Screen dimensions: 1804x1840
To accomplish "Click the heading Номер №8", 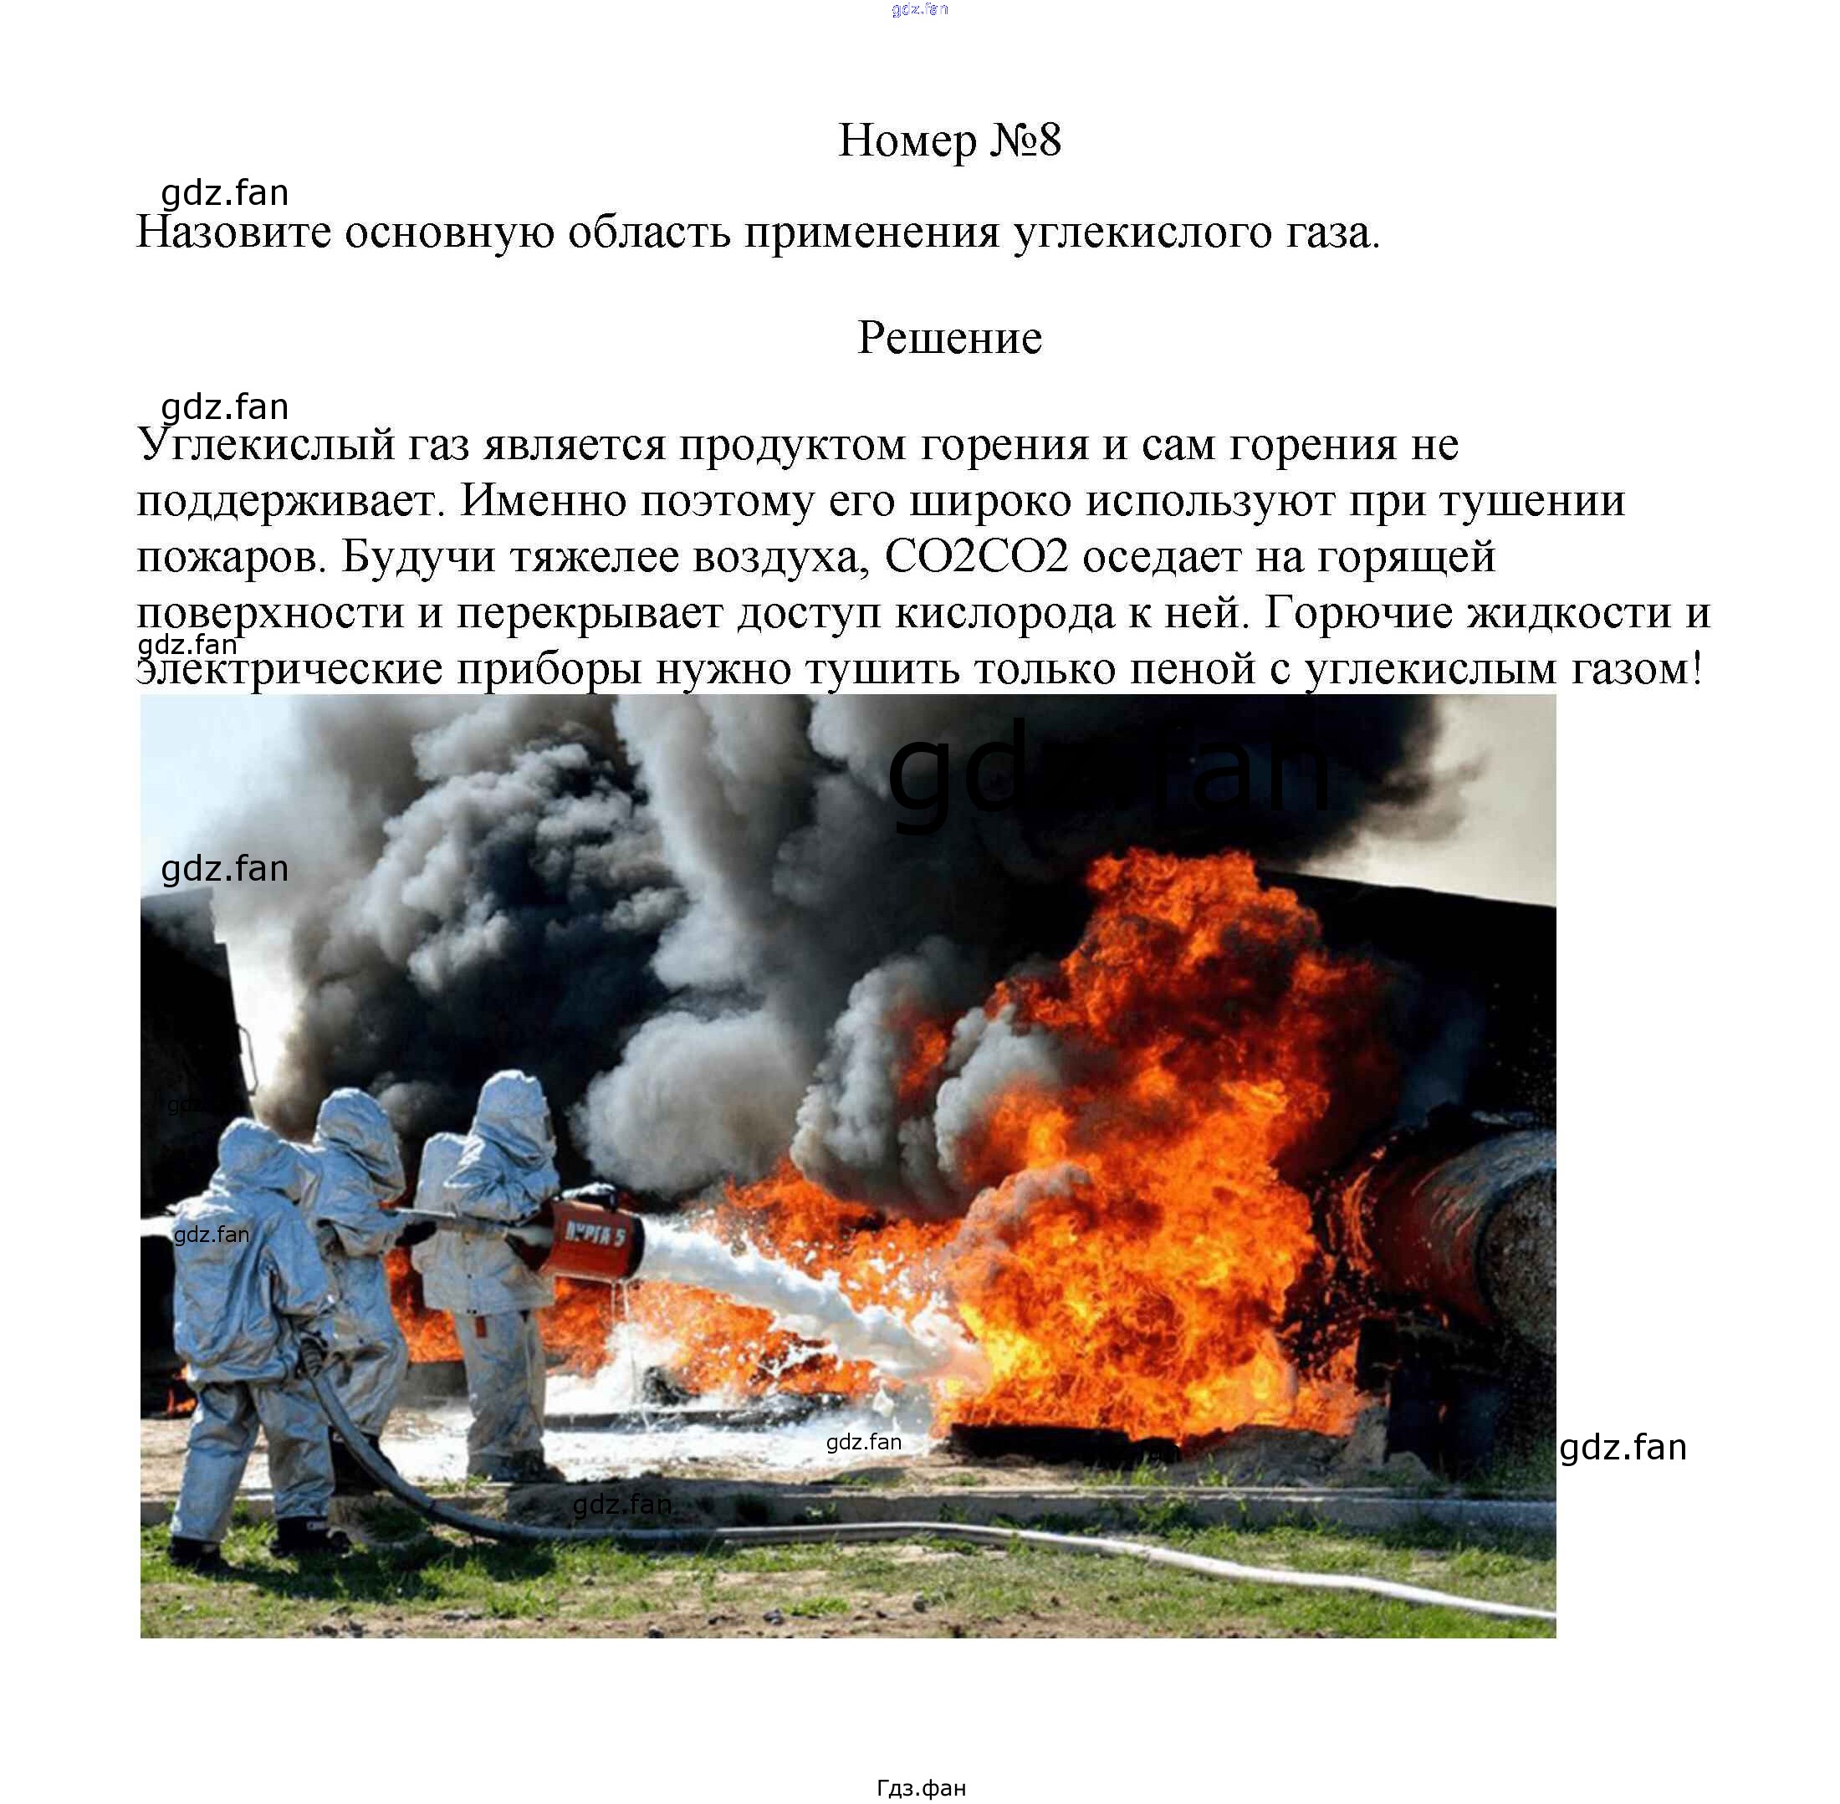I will (x=948, y=141).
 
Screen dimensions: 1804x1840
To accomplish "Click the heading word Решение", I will (x=948, y=337).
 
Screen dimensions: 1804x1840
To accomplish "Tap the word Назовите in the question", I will (x=233, y=233).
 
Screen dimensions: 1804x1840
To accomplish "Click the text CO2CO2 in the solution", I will (x=976, y=557).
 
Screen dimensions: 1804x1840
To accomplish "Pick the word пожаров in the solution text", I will (x=231, y=558).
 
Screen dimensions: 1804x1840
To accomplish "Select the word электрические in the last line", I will (x=289, y=670).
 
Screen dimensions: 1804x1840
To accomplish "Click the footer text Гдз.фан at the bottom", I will (x=921, y=1787).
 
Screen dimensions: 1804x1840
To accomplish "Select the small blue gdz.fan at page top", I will (x=919, y=9).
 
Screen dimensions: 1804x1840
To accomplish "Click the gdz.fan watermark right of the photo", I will (x=1622, y=1448).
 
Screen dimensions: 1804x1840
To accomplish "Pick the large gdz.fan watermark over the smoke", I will (x=1108, y=775).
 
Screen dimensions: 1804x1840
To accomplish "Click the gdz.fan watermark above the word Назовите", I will (x=224, y=193).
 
